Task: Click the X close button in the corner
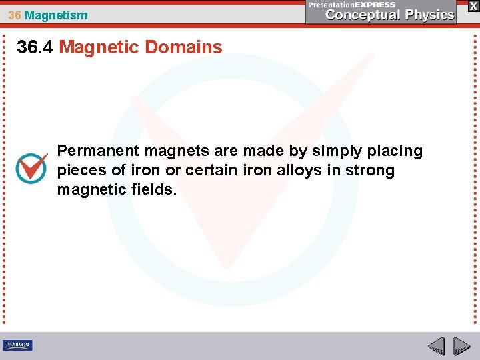pyautogui.click(x=473, y=5)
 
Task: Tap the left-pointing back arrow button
pyautogui.click(x=436, y=346)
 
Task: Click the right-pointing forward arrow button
pyautogui.click(x=461, y=346)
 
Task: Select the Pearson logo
pyautogui.click(x=17, y=345)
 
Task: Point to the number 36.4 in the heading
pyautogui.click(x=35, y=47)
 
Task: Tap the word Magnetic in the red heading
pyautogui.click(x=99, y=47)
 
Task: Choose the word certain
pyautogui.click(x=211, y=170)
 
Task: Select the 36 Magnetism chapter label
pyautogui.click(x=48, y=15)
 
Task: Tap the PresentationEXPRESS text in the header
pyautogui.click(x=353, y=4)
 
